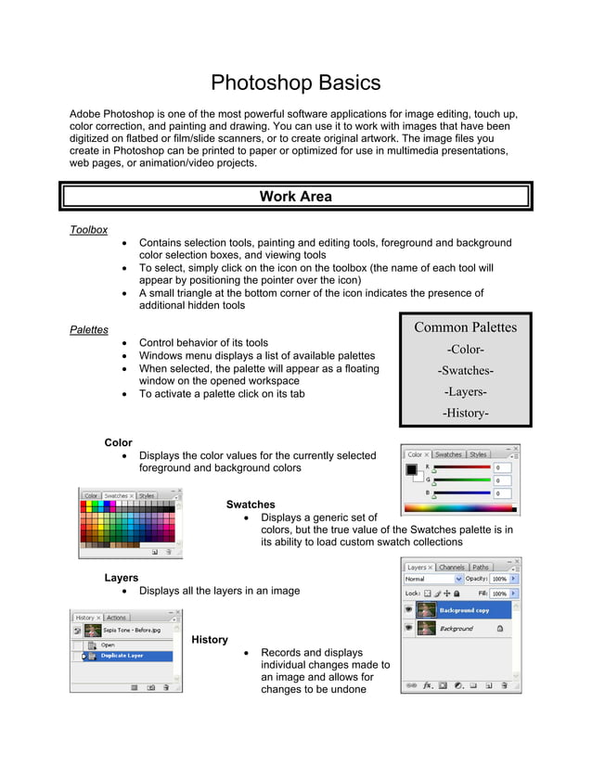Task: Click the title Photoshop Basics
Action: [x=295, y=83]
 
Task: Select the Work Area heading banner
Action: [x=295, y=197]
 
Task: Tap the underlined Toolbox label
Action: [x=89, y=230]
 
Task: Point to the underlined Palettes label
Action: [x=89, y=329]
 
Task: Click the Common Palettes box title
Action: [x=465, y=327]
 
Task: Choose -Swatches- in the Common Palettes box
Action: [x=465, y=371]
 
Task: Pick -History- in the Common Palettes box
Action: [x=465, y=413]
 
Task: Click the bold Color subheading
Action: [x=118, y=442]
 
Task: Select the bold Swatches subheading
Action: [x=251, y=504]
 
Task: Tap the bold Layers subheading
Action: [x=122, y=578]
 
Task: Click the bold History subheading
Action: [x=210, y=640]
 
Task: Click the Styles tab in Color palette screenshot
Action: [x=478, y=454]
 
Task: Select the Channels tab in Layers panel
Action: [x=452, y=568]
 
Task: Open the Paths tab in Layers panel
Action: [x=481, y=568]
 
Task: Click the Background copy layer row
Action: [x=463, y=610]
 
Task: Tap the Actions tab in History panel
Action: [x=117, y=618]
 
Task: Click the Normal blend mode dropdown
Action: [x=432, y=580]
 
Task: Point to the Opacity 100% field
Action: [x=499, y=580]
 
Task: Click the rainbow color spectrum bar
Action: [x=461, y=508]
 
